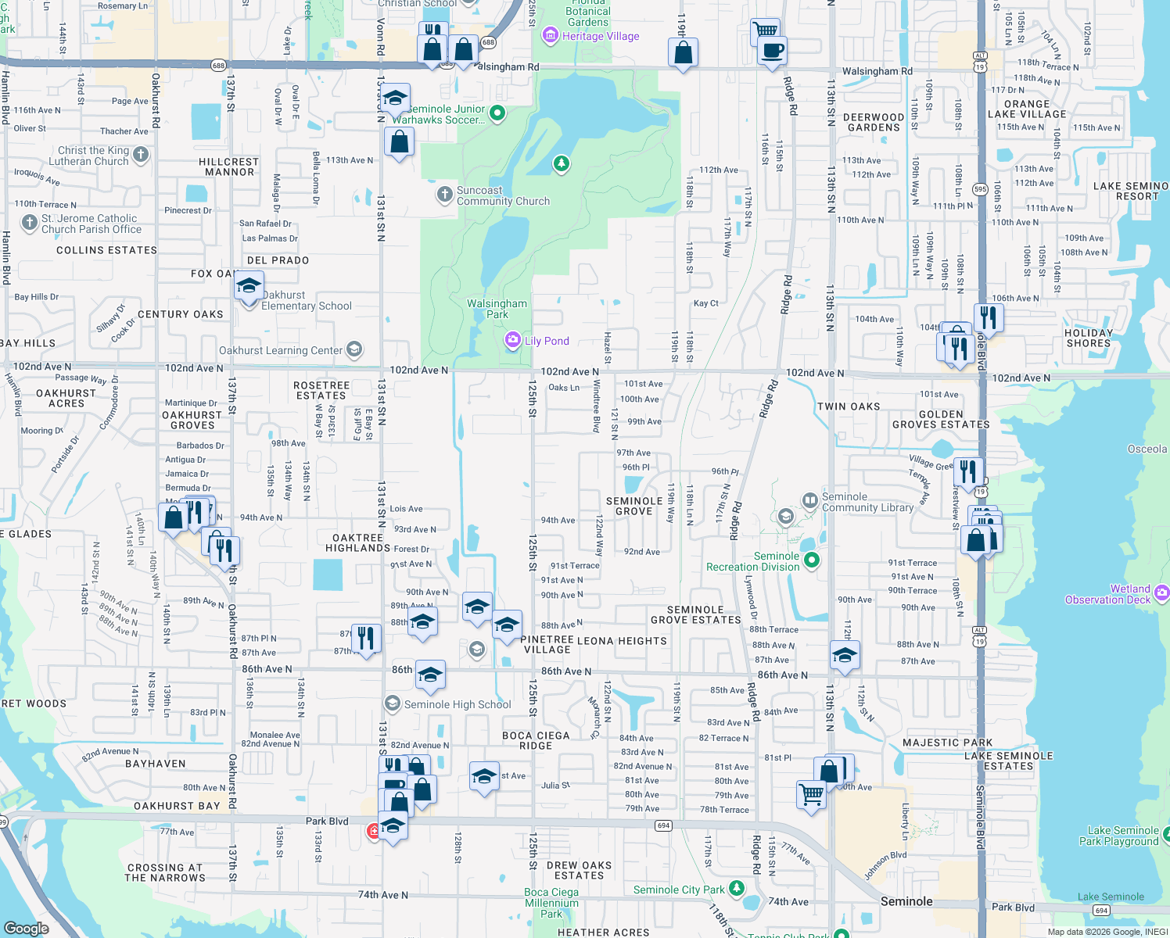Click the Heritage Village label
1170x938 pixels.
point(600,36)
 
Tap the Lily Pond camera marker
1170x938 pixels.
point(512,340)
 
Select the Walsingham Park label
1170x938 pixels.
point(497,309)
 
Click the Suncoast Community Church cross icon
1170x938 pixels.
point(444,194)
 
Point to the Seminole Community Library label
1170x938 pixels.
point(867,502)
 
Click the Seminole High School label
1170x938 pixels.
point(458,704)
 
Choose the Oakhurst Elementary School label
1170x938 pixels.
point(307,300)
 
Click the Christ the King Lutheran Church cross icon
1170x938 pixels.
point(141,155)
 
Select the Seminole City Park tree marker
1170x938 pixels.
point(736,888)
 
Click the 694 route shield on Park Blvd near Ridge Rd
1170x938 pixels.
point(664,825)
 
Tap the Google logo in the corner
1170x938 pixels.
point(26,928)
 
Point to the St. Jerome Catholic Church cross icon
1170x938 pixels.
point(29,223)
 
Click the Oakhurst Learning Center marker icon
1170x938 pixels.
point(354,349)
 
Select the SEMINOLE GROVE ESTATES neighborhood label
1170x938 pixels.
point(695,614)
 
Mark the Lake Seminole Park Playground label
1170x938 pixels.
point(1118,836)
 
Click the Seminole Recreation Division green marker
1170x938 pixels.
point(812,560)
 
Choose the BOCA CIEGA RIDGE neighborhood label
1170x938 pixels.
point(536,740)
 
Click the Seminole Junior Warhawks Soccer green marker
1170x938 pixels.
point(497,113)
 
